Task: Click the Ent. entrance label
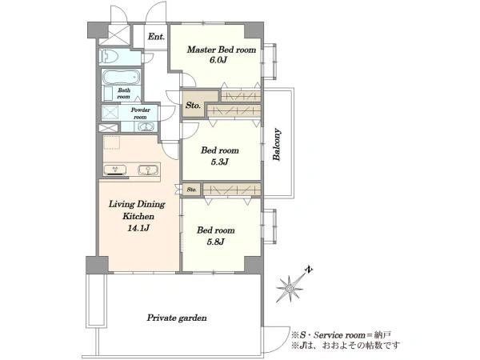point(156,37)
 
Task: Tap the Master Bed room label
point(222,50)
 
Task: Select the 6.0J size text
point(218,60)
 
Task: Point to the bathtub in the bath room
point(122,77)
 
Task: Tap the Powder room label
point(141,114)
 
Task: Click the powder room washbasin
point(147,126)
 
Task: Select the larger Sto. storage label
point(193,106)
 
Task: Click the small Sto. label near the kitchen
point(192,190)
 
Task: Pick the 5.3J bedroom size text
point(219,162)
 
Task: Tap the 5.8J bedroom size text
point(216,242)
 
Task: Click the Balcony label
point(277,145)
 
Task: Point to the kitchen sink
point(148,170)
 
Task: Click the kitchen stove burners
point(115,170)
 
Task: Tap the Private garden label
point(177,318)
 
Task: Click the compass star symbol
point(290,288)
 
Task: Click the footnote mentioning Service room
point(342,335)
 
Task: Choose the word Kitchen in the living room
point(138,217)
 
